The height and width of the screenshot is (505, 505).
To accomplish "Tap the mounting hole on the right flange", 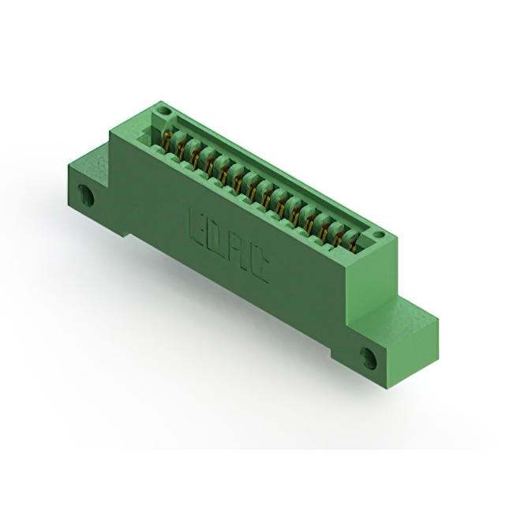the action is (368, 357).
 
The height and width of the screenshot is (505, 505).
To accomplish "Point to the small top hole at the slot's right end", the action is (379, 234).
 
